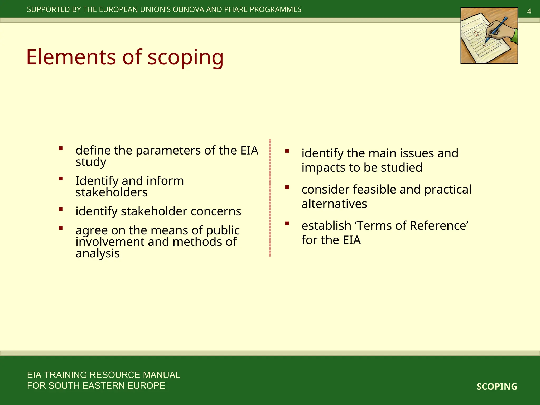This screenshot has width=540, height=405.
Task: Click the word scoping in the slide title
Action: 185,57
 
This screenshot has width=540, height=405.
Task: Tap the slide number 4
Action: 529,12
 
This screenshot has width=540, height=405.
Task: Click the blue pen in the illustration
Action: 497,29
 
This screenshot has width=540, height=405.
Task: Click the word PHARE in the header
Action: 236,9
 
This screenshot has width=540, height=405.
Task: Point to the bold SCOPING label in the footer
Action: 497,387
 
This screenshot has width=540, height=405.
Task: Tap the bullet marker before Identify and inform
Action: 61,179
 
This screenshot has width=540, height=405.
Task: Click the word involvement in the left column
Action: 110,242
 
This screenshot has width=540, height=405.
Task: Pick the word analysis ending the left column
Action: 98,253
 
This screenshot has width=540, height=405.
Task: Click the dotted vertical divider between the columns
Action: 270,198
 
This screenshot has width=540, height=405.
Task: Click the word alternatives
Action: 334,204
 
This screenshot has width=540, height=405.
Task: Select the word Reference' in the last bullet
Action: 439,226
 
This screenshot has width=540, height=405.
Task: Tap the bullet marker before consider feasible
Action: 287,187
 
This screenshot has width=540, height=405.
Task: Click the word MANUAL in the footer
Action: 161,375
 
